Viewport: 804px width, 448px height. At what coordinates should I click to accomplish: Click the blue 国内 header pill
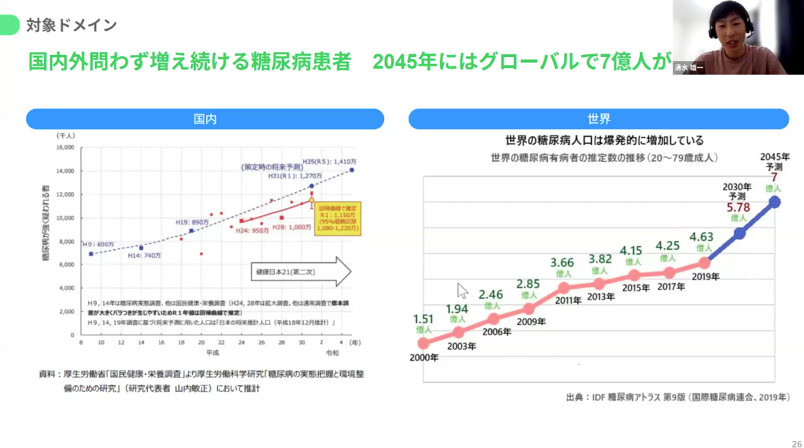pos(205,119)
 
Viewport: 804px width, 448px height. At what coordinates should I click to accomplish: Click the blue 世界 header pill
pos(599,119)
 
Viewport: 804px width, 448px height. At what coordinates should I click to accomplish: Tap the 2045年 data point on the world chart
pos(775,202)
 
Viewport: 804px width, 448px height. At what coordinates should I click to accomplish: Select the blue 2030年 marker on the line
pos(739,234)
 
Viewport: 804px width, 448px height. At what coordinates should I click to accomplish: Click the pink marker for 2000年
pos(423,343)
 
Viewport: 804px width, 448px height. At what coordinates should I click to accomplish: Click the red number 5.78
pos(739,206)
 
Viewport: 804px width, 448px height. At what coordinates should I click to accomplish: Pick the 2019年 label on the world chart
pos(706,277)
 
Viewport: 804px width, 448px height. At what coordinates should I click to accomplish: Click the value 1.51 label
pos(424,319)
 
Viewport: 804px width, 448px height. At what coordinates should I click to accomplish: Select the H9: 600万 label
pos(97,244)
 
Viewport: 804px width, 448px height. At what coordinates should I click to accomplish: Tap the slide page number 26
pos(796,443)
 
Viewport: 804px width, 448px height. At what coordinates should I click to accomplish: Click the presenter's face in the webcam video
pos(727,27)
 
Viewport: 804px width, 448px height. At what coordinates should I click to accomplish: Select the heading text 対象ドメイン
pos(71,25)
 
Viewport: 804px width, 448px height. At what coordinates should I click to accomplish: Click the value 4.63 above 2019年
pos(702,237)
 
